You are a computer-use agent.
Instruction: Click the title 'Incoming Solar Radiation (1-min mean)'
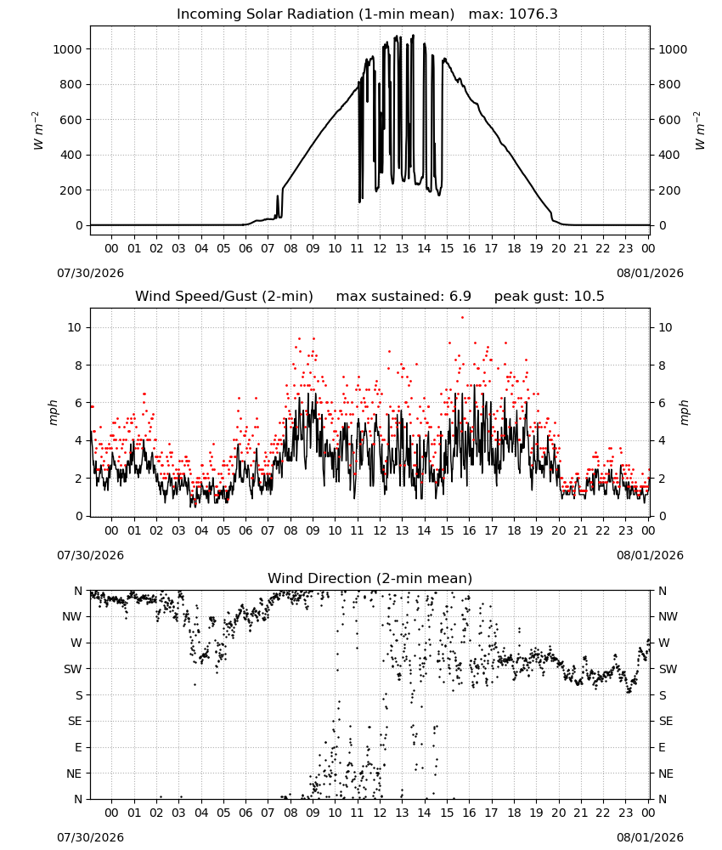315,14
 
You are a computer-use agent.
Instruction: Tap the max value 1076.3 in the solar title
533,14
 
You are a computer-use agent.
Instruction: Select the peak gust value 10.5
589,297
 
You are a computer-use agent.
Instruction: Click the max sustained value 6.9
460,297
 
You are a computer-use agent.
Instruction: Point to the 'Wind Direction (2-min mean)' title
370,578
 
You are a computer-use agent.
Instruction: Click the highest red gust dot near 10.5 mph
462,318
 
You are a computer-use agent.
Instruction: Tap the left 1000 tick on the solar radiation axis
67,49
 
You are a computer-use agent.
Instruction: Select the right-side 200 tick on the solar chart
668,190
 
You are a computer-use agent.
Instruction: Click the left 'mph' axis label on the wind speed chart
53,412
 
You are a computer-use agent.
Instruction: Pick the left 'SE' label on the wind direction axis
75,721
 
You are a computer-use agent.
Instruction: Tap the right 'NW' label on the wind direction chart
668,616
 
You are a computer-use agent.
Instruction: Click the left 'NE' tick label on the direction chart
74,773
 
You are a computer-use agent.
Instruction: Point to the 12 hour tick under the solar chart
380,248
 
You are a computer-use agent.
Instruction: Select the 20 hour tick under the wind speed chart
558,530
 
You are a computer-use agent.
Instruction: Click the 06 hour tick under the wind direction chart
245,813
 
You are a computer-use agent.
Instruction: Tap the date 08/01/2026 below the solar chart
650,273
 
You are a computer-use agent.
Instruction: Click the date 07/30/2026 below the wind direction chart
90,837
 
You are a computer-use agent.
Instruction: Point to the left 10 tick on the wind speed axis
75,327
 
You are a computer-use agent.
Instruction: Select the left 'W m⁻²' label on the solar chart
37,131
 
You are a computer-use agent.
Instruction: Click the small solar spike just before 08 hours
278,204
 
